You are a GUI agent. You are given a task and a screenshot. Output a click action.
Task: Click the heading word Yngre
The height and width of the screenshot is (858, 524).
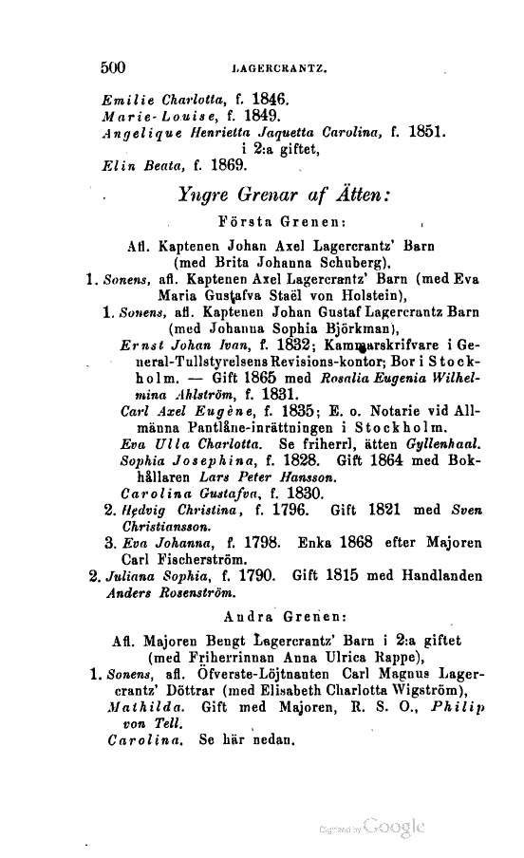click(208, 196)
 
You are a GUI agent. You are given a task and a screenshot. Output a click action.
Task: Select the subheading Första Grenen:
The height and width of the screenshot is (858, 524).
click(279, 224)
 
